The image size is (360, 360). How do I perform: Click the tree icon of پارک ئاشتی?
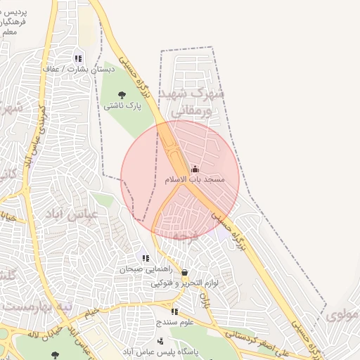(x=122, y=94)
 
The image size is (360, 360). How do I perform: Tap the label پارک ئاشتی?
(x=123, y=106)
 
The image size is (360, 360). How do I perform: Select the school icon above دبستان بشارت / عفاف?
(x=78, y=58)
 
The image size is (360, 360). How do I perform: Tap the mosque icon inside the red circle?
(x=195, y=169)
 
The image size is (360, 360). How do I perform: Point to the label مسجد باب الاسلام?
(x=195, y=180)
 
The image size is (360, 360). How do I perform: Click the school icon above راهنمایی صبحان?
(x=146, y=258)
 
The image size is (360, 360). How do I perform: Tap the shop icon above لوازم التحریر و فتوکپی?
(x=184, y=272)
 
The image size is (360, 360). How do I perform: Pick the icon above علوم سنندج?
(x=174, y=311)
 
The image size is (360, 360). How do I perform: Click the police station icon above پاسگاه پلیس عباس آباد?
(x=160, y=341)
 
